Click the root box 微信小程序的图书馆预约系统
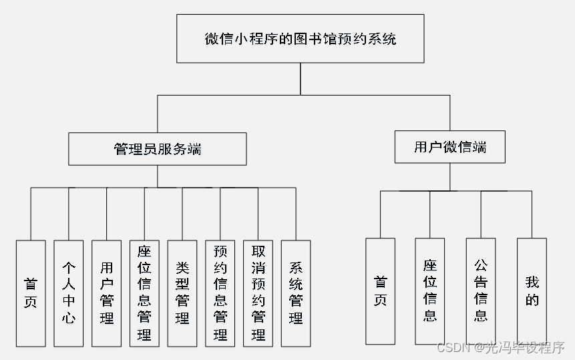tap(300, 39)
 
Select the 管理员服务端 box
tap(157, 149)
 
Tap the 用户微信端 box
tap(449, 147)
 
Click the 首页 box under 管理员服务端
tap(31, 293)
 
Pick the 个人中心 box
tap(69, 293)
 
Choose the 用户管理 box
tap(106, 293)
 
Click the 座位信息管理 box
tap(144, 293)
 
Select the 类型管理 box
tap(182, 293)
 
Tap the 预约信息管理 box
tap(220, 293)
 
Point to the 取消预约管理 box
tap(258, 293)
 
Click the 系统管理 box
tap(296, 293)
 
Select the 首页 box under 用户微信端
tap(380, 291)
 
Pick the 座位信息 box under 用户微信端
tap(430, 291)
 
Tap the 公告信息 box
tap(481, 291)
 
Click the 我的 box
tap(532, 291)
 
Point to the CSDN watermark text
tap(500, 348)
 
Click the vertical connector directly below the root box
tap(300, 79)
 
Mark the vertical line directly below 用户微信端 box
tap(449, 176)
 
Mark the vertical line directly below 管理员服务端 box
tap(157, 176)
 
